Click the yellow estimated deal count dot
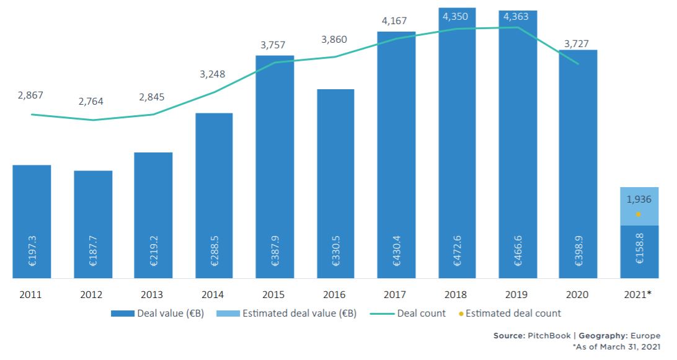pyautogui.click(x=639, y=214)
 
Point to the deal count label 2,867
pyautogui.click(x=31, y=95)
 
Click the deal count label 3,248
pyautogui.click(x=213, y=74)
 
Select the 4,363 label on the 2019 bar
pyautogui.click(x=516, y=17)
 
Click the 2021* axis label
pyautogui.click(x=639, y=294)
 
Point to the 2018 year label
pyautogui.click(x=457, y=294)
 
